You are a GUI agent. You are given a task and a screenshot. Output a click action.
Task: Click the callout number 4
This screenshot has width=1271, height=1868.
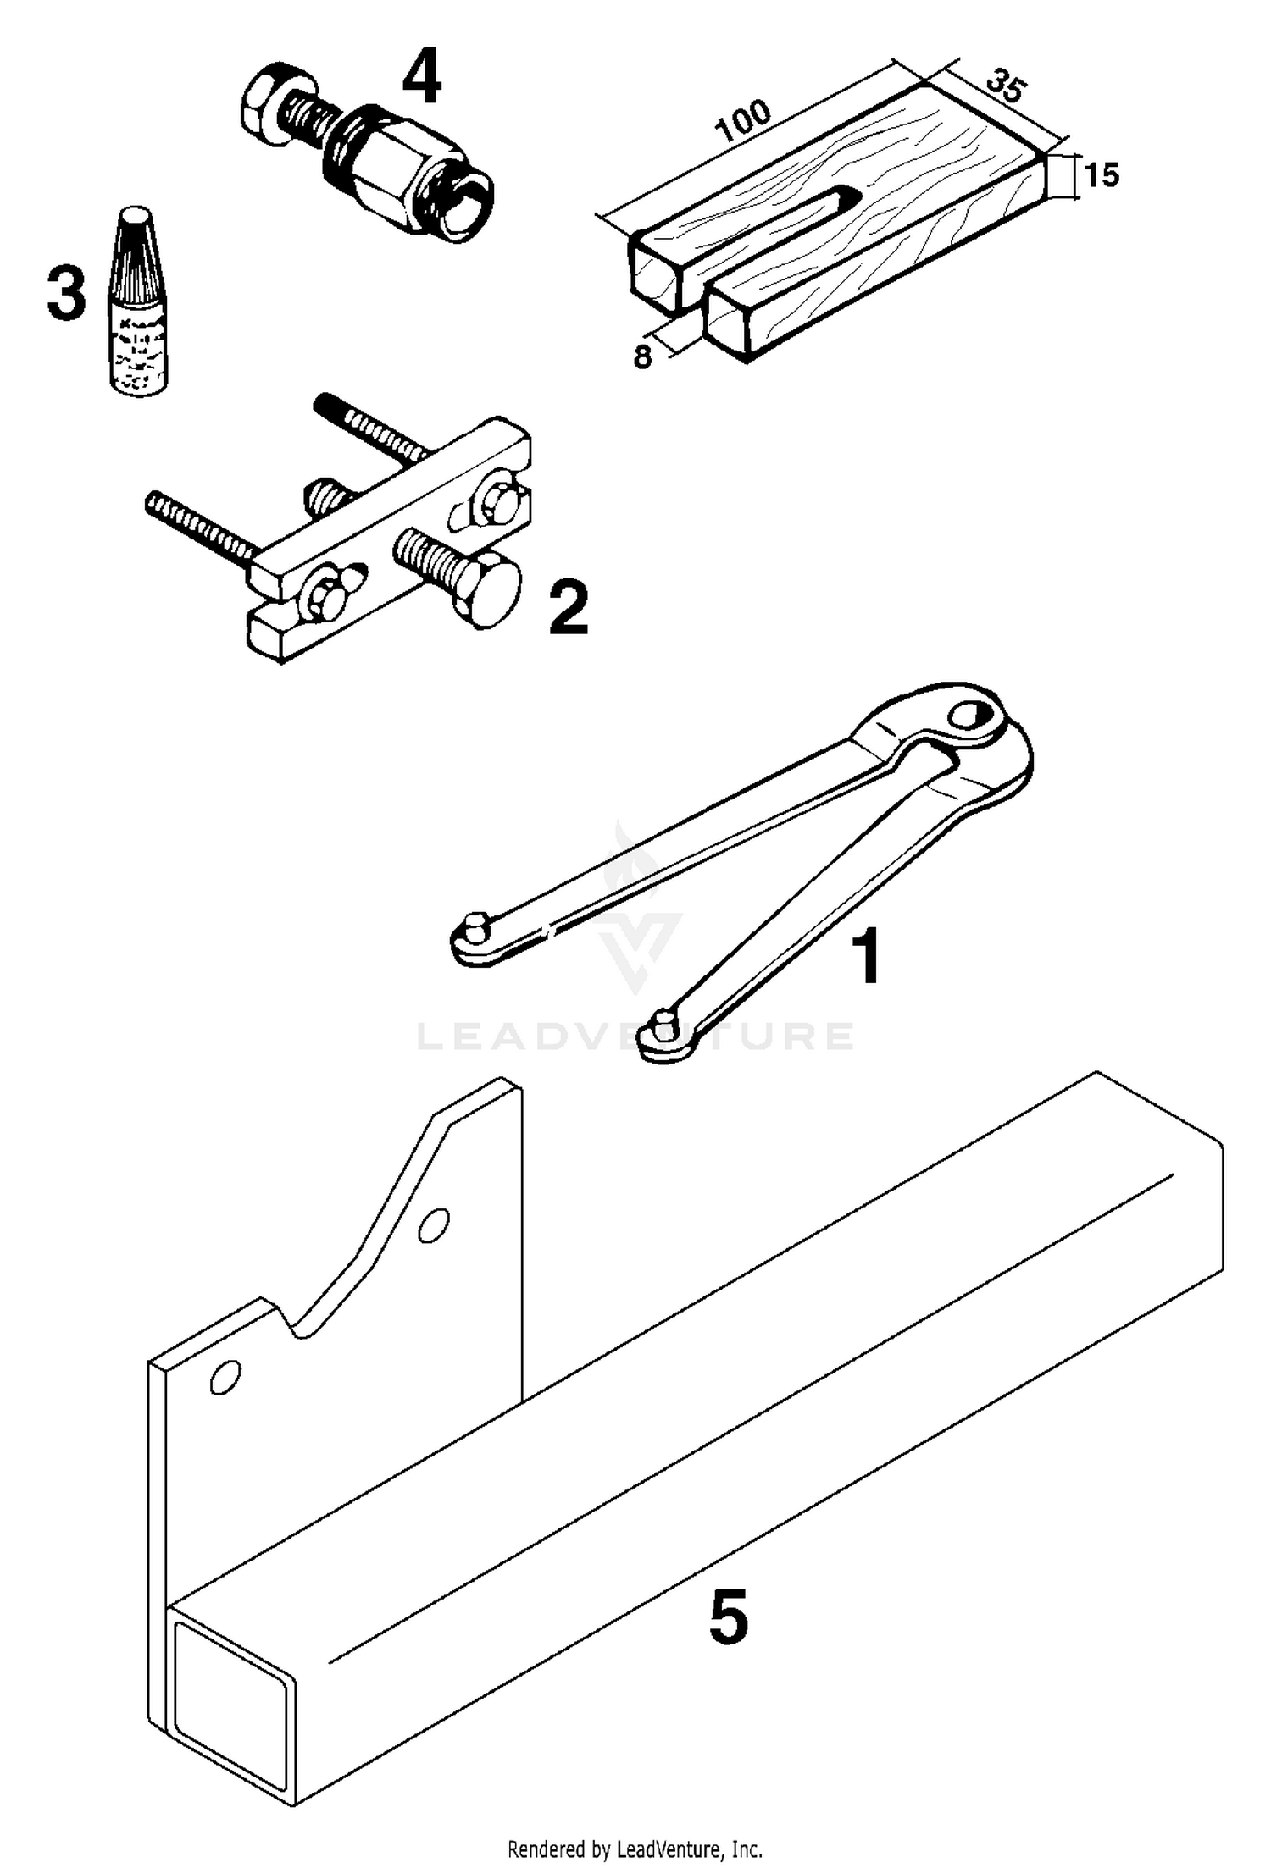click(x=421, y=76)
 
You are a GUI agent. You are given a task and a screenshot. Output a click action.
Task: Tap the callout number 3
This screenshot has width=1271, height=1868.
click(x=66, y=293)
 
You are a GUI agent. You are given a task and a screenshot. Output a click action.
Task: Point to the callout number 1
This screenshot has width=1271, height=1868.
click(x=866, y=956)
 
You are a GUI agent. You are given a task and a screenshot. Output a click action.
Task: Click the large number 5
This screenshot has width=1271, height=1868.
click(x=728, y=1616)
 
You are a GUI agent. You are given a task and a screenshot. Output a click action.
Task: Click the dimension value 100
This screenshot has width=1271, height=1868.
click(x=744, y=122)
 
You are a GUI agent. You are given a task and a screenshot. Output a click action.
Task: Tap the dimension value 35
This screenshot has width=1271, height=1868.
click(x=1007, y=87)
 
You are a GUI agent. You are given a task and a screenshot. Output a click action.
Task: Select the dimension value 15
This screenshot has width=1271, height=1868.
click(x=1102, y=175)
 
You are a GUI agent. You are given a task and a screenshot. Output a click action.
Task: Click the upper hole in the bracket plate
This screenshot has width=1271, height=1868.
click(x=434, y=1225)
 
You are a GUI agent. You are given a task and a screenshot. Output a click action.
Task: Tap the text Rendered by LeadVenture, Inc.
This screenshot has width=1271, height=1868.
click(x=635, y=1849)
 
